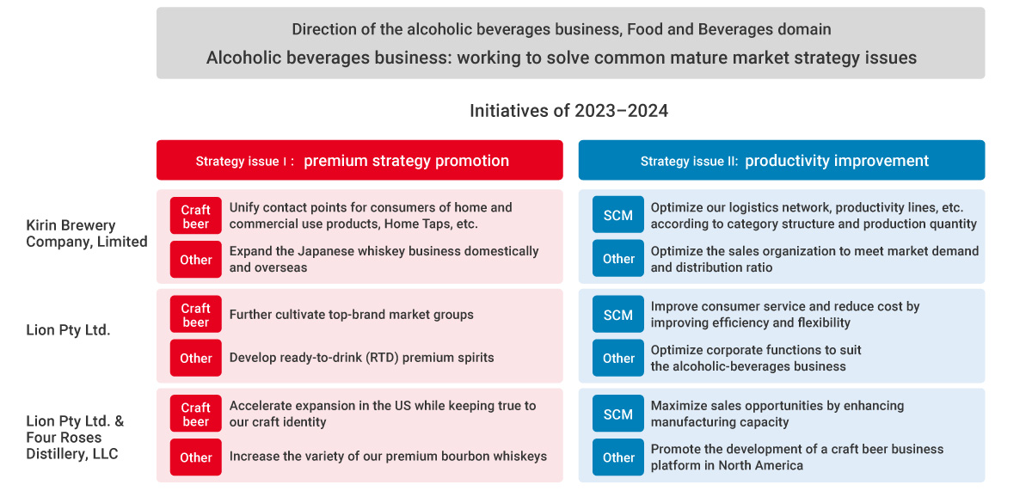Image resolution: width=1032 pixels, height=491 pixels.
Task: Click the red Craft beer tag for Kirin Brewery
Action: [196, 216]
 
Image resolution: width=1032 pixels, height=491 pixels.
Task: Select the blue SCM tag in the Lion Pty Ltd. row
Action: [617, 314]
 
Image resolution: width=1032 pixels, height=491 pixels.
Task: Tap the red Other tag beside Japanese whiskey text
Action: [196, 260]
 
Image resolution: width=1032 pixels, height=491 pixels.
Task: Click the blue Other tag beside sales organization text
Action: [617, 258]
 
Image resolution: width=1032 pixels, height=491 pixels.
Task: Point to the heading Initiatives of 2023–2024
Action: [568, 111]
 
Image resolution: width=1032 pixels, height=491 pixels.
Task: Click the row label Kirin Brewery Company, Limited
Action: [87, 233]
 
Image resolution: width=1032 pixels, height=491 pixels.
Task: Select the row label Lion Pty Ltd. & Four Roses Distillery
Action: [75, 437]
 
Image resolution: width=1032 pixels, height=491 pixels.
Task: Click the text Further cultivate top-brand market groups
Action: [352, 314]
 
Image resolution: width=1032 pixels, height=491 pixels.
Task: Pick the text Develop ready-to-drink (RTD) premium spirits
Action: [362, 358]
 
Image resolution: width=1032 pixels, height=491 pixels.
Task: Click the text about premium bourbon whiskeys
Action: [388, 456]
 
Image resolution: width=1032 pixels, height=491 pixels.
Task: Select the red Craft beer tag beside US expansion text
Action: [196, 414]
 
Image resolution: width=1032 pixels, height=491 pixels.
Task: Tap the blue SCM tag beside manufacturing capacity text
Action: [617, 414]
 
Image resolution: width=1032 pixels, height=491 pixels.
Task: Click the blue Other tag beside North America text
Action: [617, 457]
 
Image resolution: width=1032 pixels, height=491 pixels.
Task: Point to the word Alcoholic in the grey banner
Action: [243, 58]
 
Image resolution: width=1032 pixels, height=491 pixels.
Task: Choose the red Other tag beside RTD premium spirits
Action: [196, 358]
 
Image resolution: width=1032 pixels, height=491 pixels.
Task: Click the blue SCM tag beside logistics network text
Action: [617, 215]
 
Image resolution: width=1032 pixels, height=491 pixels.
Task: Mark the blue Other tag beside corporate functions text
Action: [617, 358]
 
